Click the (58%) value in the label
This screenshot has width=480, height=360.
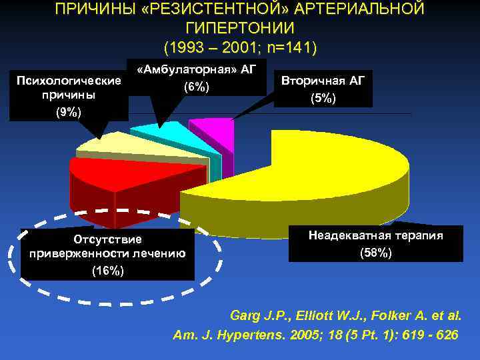(x=376, y=253)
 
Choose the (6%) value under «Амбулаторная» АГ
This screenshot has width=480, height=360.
(x=196, y=87)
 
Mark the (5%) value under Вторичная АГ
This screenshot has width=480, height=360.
(x=323, y=98)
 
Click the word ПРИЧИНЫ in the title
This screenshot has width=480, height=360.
(x=89, y=9)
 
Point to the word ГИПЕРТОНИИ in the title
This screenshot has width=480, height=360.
(x=241, y=29)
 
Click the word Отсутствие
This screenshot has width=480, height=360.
(x=108, y=238)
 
